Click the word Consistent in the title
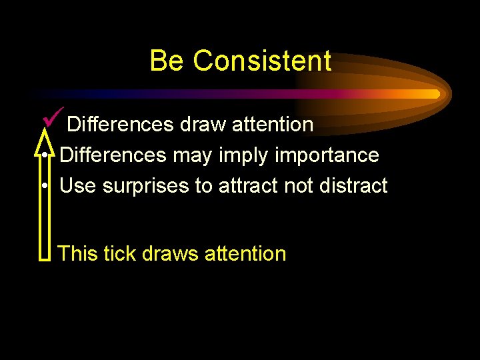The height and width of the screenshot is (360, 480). pos(262,61)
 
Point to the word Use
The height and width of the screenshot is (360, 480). pos(78,186)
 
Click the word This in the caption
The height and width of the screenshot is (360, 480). pos(78,253)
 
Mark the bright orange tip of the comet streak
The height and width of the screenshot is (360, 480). pos(436,94)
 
